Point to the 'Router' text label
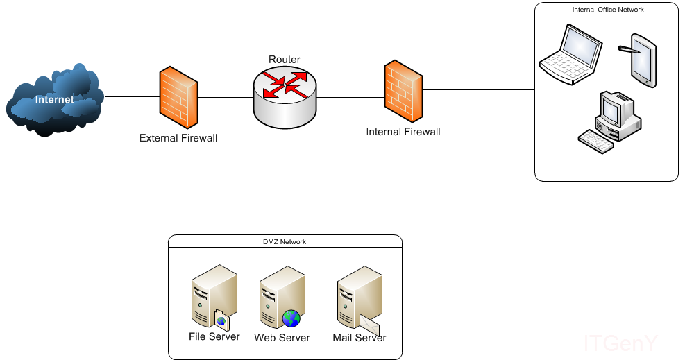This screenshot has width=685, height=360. [x=285, y=60]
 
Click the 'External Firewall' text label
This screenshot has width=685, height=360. [x=178, y=138]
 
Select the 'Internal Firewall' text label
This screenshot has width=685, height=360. [x=403, y=132]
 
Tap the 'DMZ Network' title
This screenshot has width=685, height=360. [x=285, y=242]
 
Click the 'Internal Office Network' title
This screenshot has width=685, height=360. [x=607, y=10]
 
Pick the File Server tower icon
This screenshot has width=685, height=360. [x=212, y=295]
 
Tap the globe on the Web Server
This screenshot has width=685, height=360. [x=291, y=318]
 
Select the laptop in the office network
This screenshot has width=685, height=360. [x=570, y=55]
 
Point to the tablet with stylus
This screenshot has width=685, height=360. [x=641, y=59]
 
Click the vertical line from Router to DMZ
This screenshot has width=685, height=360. [x=285, y=180]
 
